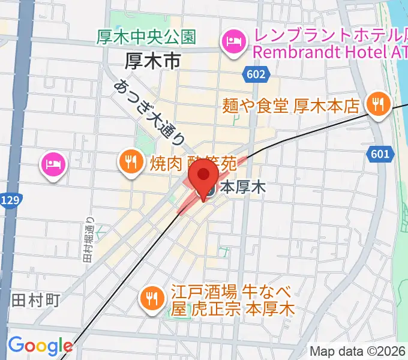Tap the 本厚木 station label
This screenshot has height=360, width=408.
(243, 188)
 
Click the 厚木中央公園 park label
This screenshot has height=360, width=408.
(146, 37)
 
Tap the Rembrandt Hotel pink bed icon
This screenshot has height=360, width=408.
(231, 42)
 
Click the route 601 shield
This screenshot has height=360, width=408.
(379, 155)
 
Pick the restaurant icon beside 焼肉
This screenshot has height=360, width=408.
(130, 161)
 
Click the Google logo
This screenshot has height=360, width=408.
(40, 346)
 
